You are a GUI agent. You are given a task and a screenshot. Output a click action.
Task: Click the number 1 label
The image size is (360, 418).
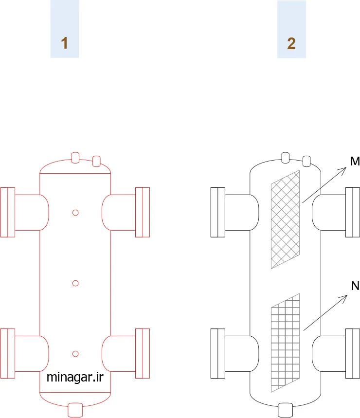[64, 43]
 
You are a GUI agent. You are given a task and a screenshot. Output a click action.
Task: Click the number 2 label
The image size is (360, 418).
[291, 43]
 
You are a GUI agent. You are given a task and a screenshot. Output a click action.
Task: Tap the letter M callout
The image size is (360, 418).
[355, 161]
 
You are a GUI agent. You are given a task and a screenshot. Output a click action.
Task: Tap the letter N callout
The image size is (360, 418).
[356, 286]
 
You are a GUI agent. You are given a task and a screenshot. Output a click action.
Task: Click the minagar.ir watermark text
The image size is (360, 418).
[75, 377]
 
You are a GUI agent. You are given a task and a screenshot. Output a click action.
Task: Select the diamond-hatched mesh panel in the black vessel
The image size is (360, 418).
[285, 219]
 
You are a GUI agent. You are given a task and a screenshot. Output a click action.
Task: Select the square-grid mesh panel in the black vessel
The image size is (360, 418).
[285, 343]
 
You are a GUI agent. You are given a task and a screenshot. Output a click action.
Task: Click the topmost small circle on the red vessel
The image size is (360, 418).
[75, 213]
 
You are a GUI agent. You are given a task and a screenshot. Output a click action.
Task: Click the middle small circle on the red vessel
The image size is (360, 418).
[75, 283]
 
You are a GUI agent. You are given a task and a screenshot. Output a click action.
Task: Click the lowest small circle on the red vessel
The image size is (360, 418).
[75, 354]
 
